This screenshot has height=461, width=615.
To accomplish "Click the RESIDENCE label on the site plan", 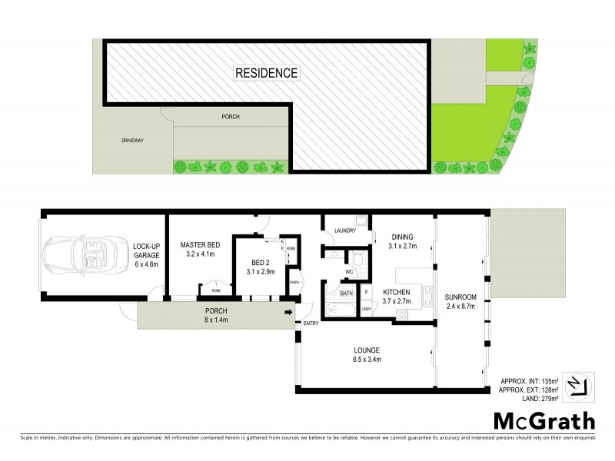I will [267, 73].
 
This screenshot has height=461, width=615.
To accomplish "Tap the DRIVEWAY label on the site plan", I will [134, 141].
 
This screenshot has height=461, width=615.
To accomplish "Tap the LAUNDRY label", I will [343, 230].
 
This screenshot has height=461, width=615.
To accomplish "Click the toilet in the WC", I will [355, 258].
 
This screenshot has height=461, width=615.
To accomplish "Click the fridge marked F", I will [366, 292].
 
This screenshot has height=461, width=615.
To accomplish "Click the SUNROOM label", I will [460, 297].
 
